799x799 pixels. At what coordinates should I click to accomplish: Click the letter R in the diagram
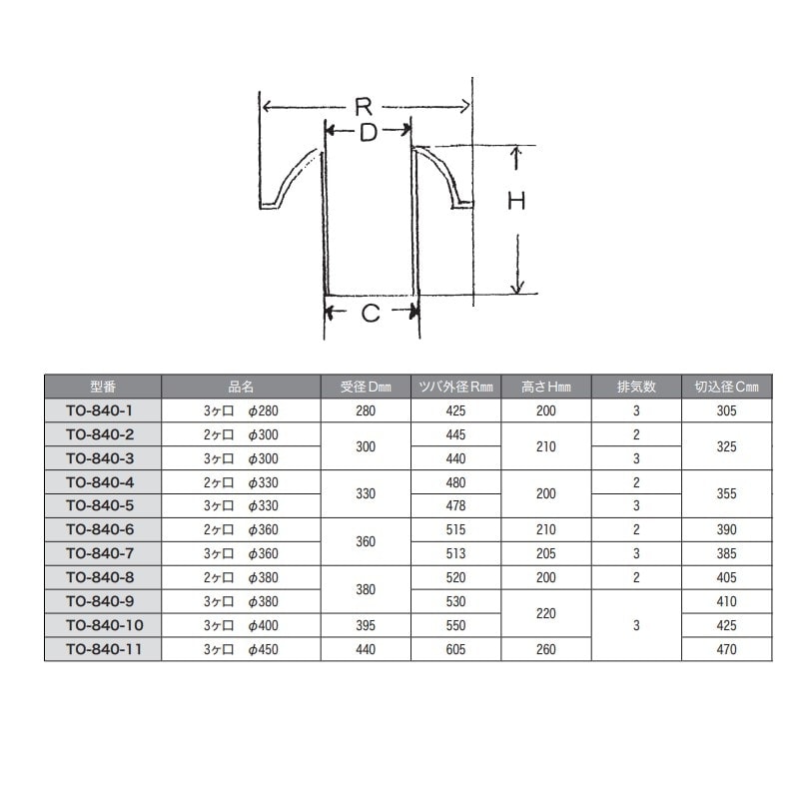pos(364,107)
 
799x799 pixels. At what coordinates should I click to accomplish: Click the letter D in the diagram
pos(368,132)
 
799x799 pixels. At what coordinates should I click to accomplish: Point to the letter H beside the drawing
pos(516,202)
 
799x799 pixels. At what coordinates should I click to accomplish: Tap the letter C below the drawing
pos(371,313)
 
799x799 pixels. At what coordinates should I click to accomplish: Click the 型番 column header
pos(103,387)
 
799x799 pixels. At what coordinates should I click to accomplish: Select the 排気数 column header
pos(636,387)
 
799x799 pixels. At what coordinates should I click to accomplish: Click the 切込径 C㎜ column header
pos(727,387)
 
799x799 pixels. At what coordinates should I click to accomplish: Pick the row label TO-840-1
pos(99,410)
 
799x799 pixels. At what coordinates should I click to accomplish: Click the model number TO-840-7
pos(100,553)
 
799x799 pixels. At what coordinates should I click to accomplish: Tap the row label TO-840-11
pos(105,649)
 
